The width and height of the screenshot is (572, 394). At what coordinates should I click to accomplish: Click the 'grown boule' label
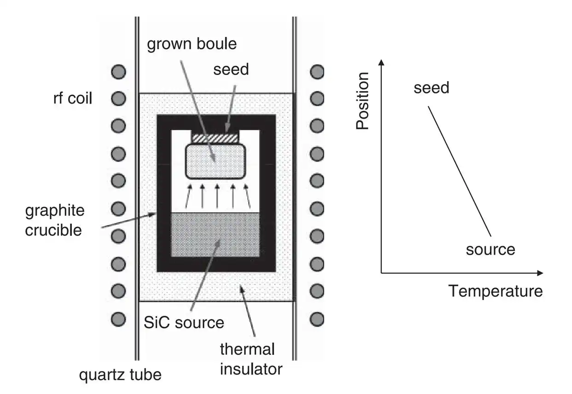pyautogui.click(x=192, y=44)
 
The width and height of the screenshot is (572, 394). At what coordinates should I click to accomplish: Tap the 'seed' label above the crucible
pyautogui.click(x=231, y=70)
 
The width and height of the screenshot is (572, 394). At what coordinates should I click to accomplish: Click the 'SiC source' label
pyautogui.click(x=184, y=322)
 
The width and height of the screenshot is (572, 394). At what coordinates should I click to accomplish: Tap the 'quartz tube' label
pyautogui.click(x=121, y=375)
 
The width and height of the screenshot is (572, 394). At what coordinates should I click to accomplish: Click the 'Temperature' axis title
pyautogui.click(x=496, y=291)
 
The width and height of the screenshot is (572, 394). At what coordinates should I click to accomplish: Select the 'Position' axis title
pyautogui.click(x=363, y=101)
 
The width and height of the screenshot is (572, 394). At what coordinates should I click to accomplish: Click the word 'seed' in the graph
pyautogui.click(x=431, y=87)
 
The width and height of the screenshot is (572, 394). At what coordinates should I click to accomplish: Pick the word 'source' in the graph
pyautogui.click(x=490, y=249)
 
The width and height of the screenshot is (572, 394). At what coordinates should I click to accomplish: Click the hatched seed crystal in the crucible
pyautogui.click(x=216, y=138)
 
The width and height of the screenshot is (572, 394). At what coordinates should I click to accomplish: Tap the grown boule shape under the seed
pyautogui.click(x=216, y=161)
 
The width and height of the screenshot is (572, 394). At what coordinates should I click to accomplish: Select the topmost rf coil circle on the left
pyautogui.click(x=118, y=72)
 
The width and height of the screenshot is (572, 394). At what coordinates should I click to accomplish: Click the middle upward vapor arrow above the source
pyautogui.click(x=217, y=196)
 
